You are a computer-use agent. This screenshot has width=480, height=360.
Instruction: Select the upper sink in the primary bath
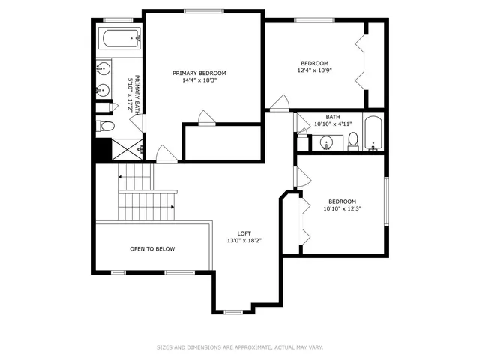click(x=103, y=69)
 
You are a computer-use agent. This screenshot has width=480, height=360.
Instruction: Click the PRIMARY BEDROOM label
click(x=199, y=73)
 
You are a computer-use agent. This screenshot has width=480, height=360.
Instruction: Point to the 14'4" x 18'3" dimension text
click(x=199, y=80)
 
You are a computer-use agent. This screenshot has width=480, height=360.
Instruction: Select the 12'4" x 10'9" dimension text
click(x=315, y=70)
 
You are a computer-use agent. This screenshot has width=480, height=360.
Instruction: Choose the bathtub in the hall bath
click(x=373, y=133)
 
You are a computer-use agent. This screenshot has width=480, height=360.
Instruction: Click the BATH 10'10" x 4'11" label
click(x=332, y=120)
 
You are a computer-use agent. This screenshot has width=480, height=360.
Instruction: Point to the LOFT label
click(x=244, y=233)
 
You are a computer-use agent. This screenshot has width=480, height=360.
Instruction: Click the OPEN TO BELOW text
click(x=152, y=248)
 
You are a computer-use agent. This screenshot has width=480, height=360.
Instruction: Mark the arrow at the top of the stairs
click(x=119, y=176)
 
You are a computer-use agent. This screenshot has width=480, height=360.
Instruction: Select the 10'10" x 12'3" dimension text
click(x=342, y=209)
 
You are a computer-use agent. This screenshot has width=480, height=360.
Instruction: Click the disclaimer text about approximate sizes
click(x=239, y=347)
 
